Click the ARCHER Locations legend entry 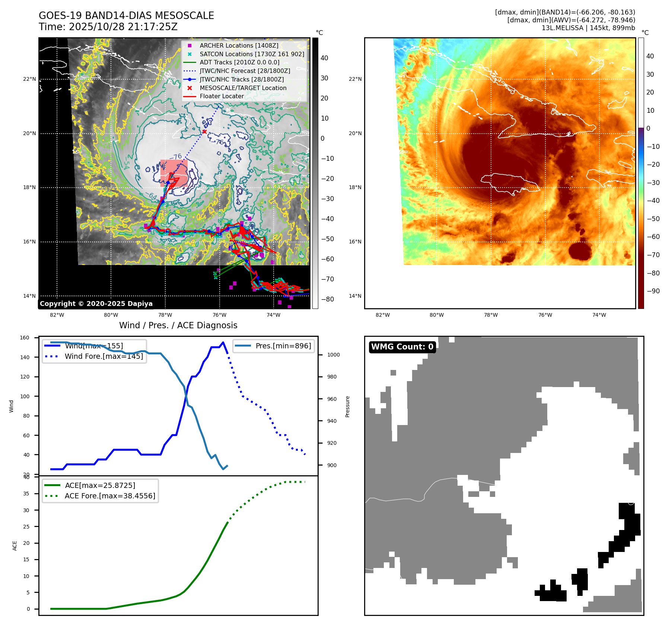click(x=239, y=45)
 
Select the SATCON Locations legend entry click(x=252, y=54)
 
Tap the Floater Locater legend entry click(x=222, y=96)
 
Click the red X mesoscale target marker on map click(x=204, y=132)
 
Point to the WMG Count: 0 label click(x=402, y=347)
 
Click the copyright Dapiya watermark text click(x=96, y=304)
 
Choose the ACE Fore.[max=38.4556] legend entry click(x=110, y=496)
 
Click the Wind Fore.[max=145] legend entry click(x=104, y=356)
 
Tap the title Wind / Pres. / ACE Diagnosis click(x=178, y=325)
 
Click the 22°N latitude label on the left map click(x=30, y=79)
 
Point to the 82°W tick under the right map click(x=383, y=315)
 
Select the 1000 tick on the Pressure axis click(x=333, y=355)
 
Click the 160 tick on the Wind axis click(x=25, y=338)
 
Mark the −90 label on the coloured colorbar click(x=653, y=291)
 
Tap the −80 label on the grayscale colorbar click(x=328, y=299)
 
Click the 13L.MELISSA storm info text click(x=588, y=28)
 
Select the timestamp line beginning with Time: click(x=108, y=27)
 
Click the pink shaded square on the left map click(x=174, y=173)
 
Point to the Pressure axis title click(x=347, y=406)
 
